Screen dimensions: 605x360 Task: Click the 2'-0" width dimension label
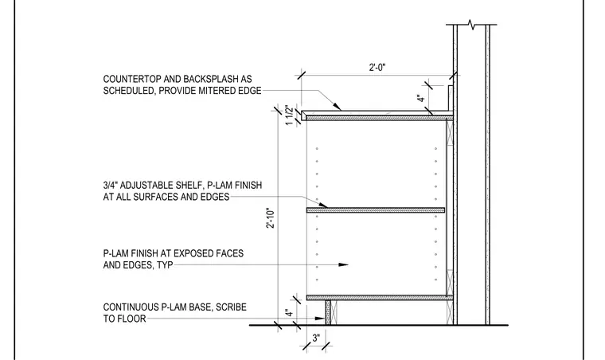377,68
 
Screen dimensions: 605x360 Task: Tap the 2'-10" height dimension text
271,218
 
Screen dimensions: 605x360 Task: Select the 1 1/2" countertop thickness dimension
289,115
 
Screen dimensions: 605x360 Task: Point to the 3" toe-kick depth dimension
316,338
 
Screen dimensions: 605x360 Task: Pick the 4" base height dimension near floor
289,312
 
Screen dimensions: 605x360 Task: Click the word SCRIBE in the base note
231,307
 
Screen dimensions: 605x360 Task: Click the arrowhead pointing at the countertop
336,105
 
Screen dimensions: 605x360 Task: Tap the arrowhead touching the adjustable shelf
322,205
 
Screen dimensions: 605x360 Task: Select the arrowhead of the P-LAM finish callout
343,264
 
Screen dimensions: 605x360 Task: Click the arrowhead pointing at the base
320,319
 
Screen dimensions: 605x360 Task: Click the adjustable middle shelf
376,210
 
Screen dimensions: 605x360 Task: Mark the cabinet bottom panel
380,298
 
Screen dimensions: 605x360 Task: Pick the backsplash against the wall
451,99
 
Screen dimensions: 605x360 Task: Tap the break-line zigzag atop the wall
471,25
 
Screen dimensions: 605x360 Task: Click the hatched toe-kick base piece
328,312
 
